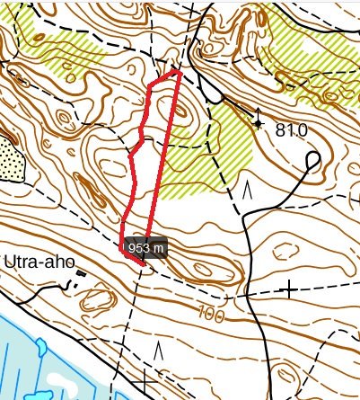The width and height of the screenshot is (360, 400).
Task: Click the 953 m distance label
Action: click(145, 246)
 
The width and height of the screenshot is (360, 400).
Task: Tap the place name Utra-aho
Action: click(37, 262)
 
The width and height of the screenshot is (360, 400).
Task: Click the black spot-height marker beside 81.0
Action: click(259, 123)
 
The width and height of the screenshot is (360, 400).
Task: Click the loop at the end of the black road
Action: click(313, 160)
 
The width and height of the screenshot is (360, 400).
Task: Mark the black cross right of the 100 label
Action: click(289, 289)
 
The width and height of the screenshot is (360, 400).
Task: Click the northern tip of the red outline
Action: click(180, 73)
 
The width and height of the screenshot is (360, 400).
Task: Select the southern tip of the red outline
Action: click(142, 264)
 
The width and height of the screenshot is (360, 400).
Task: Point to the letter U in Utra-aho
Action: click(10, 262)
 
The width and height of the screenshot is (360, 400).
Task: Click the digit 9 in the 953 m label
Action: click(133, 246)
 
